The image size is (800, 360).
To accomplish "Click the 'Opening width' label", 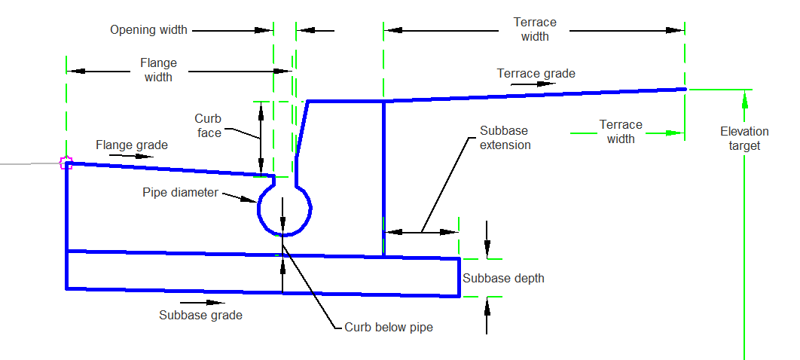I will pyautogui.click(x=148, y=30).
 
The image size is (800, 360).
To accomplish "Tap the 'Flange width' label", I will pyautogui.click(x=158, y=70).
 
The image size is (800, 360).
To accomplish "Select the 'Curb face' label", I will pyautogui.click(x=208, y=126).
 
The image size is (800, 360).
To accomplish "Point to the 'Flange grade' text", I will pyautogui.click(x=132, y=144).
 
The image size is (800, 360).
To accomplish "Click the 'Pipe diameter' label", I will pyautogui.click(x=180, y=192).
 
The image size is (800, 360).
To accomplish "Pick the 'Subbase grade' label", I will pyautogui.click(x=200, y=315).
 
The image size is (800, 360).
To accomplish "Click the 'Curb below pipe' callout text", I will pyautogui.click(x=389, y=327).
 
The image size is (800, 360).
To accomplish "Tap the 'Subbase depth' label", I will pyautogui.click(x=503, y=278).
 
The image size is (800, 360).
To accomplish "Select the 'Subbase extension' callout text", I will pyautogui.click(x=505, y=137).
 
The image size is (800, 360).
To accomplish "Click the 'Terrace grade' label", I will pyautogui.click(x=536, y=73).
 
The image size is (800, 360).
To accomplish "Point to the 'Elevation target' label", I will pyautogui.click(x=744, y=139).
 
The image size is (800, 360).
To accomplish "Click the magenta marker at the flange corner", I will pyautogui.click(x=66, y=162).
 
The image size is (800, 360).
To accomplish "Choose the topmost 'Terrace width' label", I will pyautogui.click(x=535, y=29).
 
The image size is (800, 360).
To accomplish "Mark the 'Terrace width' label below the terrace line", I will pyautogui.click(x=621, y=131).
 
